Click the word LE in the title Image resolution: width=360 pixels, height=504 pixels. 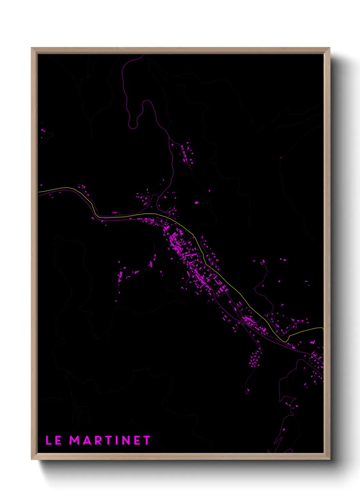[53, 440]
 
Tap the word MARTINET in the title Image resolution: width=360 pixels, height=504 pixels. [110, 440]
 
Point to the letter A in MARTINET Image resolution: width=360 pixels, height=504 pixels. [86, 440]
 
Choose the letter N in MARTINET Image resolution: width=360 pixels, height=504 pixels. [126, 440]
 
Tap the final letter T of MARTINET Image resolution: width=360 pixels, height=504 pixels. [147, 440]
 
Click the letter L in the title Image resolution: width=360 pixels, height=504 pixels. [48, 440]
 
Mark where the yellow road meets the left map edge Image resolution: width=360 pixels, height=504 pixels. [38, 192]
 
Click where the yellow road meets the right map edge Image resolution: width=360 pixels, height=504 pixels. [323, 328]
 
